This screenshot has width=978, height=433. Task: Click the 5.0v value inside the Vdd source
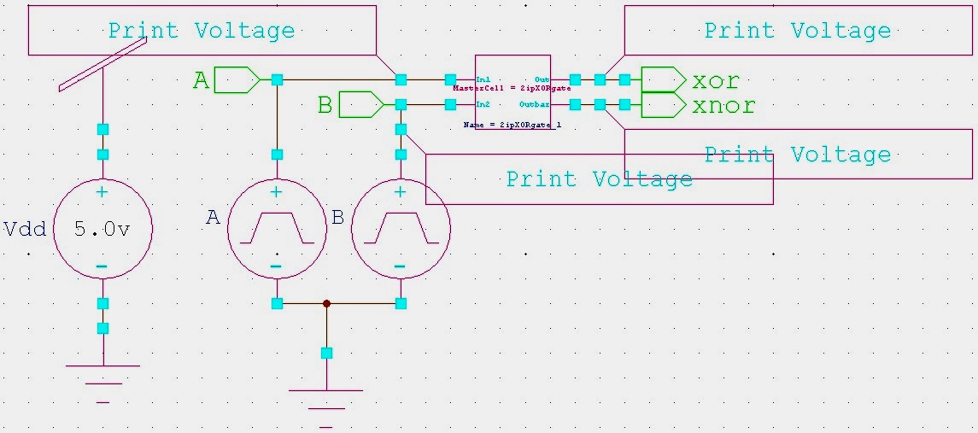coord(102,230)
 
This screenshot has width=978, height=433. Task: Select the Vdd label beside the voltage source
coord(25,229)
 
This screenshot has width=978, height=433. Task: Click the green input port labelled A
coord(237,80)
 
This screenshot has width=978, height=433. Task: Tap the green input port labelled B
coord(361,105)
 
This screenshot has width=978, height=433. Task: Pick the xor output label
coord(715,81)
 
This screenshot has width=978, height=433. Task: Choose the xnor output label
coord(723,106)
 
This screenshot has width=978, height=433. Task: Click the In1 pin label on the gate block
coord(483,79)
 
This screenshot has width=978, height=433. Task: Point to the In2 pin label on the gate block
coord(483,104)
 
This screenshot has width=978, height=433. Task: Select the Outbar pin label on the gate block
coord(534,104)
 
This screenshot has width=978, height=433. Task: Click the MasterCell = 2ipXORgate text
coord(512,88)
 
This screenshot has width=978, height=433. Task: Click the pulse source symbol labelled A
coord(276,229)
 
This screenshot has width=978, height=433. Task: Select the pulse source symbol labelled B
coord(401,229)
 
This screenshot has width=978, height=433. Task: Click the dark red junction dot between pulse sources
coord(326,303)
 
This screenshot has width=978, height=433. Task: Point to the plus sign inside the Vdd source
coord(102,192)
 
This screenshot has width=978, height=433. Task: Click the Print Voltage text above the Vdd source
coord(201,31)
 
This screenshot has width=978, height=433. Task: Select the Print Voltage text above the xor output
coord(797,31)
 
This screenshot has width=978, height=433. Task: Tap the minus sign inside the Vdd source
coord(102,266)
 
